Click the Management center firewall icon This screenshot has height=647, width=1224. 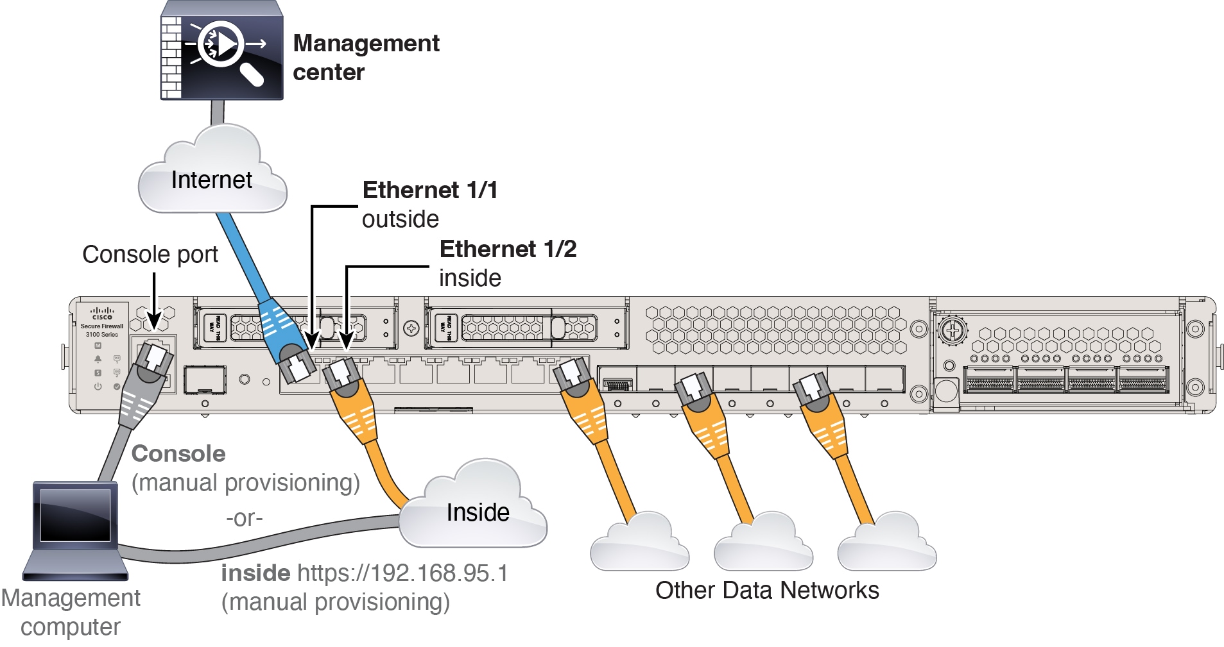click(221, 49)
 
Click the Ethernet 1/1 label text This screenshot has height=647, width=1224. click(430, 190)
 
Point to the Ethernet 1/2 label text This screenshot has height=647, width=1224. click(508, 249)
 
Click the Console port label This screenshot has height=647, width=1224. click(150, 255)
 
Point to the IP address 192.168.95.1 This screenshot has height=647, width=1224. click(402, 573)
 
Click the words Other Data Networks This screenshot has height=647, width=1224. click(767, 591)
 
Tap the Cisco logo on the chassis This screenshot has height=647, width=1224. click(102, 313)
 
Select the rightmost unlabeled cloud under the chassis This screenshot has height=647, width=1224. click(888, 546)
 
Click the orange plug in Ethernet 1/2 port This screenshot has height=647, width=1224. click(341, 376)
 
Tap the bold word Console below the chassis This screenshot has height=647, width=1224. click(178, 454)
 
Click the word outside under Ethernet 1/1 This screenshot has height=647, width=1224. click(401, 219)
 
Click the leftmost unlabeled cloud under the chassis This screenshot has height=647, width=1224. click(639, 546)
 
